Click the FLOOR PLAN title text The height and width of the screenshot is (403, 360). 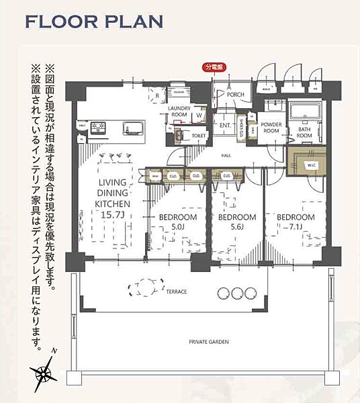(x=93, y=21)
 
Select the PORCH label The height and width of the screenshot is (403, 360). (x=235, y=95)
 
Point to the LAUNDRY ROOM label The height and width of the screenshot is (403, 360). (x=179, y=111)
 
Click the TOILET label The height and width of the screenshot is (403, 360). (x=199, y=135)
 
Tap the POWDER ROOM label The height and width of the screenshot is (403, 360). (x=271, y=128)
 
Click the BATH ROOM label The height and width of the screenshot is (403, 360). (x=305, y=132)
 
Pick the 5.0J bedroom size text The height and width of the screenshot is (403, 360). (x=177, y=228)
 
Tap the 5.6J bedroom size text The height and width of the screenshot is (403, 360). (x=237, y=228)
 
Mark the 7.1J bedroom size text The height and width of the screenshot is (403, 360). (x=296, y=228)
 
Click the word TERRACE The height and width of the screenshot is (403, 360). (x=176, y=292)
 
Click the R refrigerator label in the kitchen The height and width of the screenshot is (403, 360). (x=156, y=96)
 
